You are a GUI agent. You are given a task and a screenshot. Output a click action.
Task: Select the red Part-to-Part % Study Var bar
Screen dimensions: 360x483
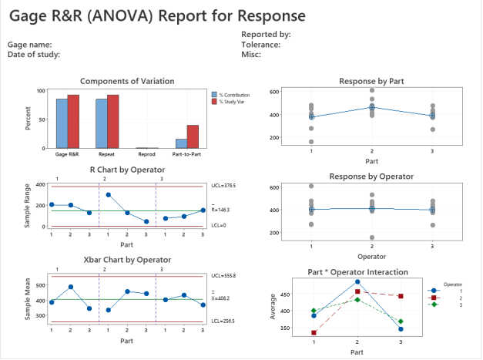[x=193, y=136]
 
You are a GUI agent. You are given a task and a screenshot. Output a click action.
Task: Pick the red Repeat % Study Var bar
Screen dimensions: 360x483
[x=112, y=121]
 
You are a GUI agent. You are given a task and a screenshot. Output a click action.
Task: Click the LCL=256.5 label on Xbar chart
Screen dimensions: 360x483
[x=224, y=321]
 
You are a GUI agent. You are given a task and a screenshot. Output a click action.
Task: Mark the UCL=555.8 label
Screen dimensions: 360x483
[x=224, y=276]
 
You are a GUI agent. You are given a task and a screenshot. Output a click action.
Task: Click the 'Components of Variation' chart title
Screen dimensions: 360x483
[x=127, y=81]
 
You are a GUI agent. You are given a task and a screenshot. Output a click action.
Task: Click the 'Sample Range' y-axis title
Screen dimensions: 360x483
[x=29, y=206]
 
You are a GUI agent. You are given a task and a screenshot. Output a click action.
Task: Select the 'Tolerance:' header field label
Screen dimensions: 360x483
[x=260, y=44]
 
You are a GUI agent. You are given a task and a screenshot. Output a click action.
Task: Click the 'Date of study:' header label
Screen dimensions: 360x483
[x=34, y=54]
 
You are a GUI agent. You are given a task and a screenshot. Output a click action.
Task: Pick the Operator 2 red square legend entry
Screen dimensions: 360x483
[x=446, y=297]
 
